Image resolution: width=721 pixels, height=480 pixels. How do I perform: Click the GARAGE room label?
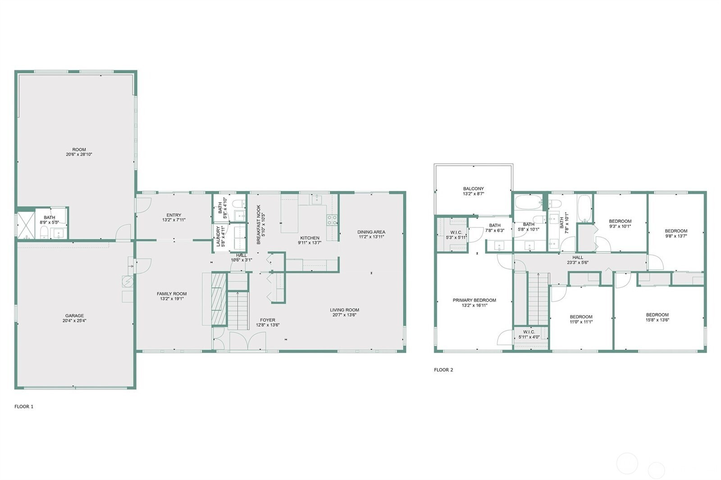(74, 316)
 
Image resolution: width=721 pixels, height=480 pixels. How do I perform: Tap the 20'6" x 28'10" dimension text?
(79, 154)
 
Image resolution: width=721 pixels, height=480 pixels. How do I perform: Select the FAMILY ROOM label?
(172, 294)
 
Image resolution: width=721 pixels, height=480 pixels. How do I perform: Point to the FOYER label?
(268, 320)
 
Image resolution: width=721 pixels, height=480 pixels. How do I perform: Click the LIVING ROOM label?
(344, 310)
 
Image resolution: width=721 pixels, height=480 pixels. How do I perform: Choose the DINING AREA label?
(371, 232)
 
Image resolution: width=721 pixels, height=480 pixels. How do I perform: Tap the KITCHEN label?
(310, 238)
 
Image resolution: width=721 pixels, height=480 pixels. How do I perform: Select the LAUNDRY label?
(218, 236)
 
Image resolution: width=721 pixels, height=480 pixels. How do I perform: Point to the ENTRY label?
(174, 215)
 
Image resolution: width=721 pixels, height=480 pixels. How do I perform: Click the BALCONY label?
(474, 189)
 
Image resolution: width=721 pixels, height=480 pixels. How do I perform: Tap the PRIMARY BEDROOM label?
(475, 300)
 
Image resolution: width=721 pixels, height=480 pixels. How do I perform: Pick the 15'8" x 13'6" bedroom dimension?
(657, 320)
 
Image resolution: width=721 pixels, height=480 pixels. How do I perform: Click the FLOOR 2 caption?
(443, 370)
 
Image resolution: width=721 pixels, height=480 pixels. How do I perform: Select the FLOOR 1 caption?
(24, 407)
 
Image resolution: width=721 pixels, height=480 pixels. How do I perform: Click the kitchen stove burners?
(332, 220)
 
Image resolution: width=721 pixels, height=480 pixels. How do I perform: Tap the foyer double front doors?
(247, 341)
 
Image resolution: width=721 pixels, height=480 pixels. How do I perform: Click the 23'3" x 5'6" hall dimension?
(578, 263)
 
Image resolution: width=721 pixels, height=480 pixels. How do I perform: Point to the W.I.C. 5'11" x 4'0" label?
(529, 335)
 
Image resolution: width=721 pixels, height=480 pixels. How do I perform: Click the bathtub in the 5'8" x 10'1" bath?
(528, 203)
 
